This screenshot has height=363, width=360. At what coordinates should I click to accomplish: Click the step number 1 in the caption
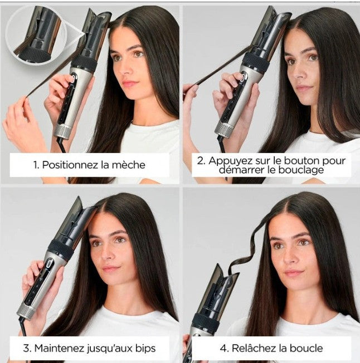[36, 165]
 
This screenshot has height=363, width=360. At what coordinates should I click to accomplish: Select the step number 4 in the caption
[223, 348]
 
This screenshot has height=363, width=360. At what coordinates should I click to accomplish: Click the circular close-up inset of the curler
[36, 35]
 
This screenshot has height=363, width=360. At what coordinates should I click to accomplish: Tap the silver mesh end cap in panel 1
[62, 131]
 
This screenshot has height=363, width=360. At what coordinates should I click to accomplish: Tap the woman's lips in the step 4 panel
[293, 273]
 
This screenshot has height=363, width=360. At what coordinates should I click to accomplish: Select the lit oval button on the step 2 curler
[243, 76]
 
